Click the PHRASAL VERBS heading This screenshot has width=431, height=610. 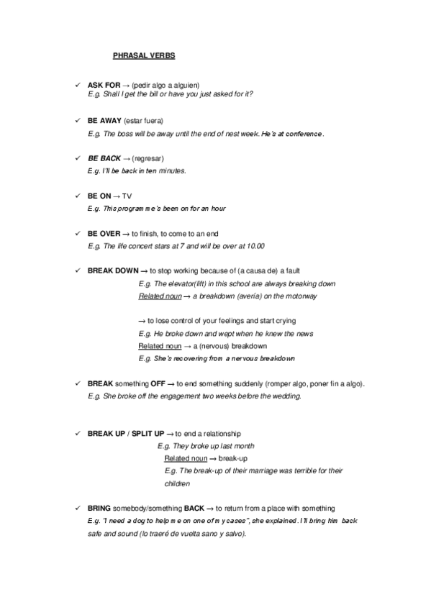coord(144,55)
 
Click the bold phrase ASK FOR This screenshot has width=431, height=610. coord(104,85)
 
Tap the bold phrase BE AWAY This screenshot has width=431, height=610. coord(104,120)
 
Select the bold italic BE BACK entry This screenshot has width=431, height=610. coord(104,158)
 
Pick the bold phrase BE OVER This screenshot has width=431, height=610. coord(104,234)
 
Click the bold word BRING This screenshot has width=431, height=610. coord(99,508)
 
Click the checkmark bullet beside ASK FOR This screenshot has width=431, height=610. coord(77,85)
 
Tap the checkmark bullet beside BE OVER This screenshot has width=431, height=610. coord(77,234)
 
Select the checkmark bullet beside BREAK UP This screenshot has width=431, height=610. coord(77,434)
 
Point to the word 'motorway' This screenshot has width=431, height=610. coord(301,296)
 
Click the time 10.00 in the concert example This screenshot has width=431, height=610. coord(255,246)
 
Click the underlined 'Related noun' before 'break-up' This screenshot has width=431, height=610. coord(185,458)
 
